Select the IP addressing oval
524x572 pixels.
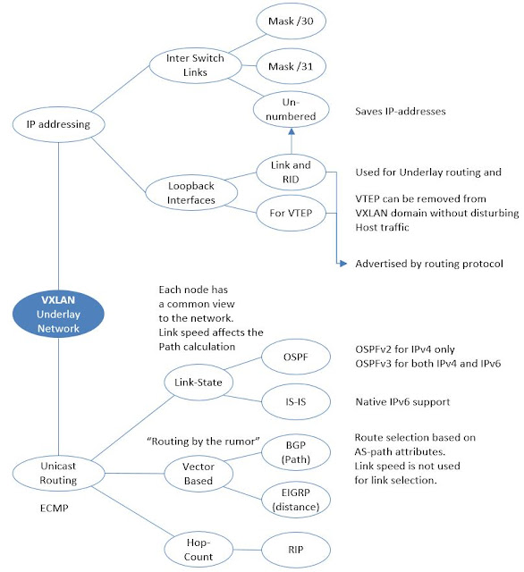pos(57,124)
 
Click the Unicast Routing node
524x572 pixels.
pos(57,473)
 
